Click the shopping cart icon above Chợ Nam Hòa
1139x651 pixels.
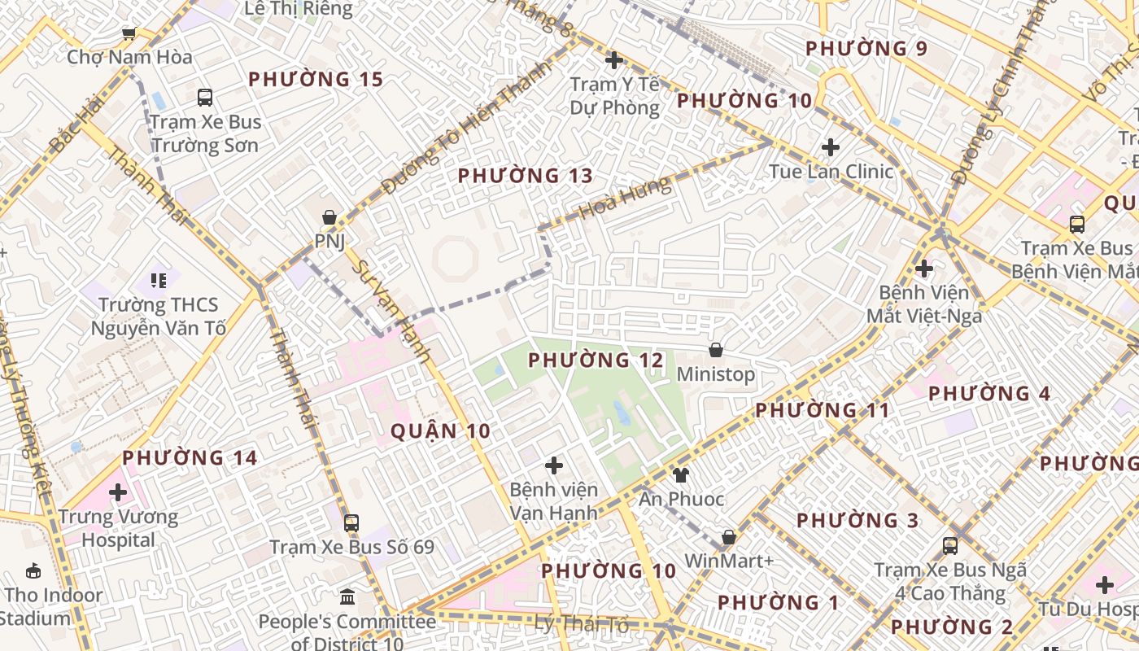pyautogui.click(x=129, y=33)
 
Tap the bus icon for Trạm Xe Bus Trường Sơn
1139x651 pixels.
pyautogui.click(x=205, y=98)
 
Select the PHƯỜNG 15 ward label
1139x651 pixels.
pyautogui.click(x=315, y=80)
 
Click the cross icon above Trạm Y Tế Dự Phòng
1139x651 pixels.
pyautogui.click(x=614, y=60)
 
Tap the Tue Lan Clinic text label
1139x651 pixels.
pyautogui.click(x=831, y=172)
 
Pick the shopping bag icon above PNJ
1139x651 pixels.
pyautogui.click(x=329, y=217)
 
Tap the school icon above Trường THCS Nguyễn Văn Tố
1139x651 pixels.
pyautogui.click(x=158, y=281)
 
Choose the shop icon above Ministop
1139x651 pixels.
pyautogui.click(x=716, y=351)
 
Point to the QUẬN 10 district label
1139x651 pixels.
pyautogui.click(x=440, y=431)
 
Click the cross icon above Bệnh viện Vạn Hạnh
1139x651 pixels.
pyautogui.click(x=554, y=465)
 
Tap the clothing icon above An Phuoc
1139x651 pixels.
pyautogui.click(x=680, y=474)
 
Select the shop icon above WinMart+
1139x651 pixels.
pyautogui.click(x=729, y=537)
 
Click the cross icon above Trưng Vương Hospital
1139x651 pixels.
pyautogui.click(x=118, y=492)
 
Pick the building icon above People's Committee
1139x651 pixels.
pyautogui.click(x=347, y=597)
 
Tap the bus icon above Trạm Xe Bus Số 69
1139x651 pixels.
pyautogui.click(x=351, y=523)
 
